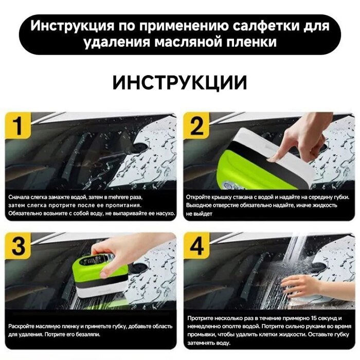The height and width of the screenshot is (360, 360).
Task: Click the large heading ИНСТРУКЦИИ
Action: pyautogui.click(x=180, y=83)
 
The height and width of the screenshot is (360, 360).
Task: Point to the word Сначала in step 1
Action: pyautogui.click(x=20, y=197)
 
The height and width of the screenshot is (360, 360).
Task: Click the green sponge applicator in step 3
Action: pyautogui.click(x=100, y=267)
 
